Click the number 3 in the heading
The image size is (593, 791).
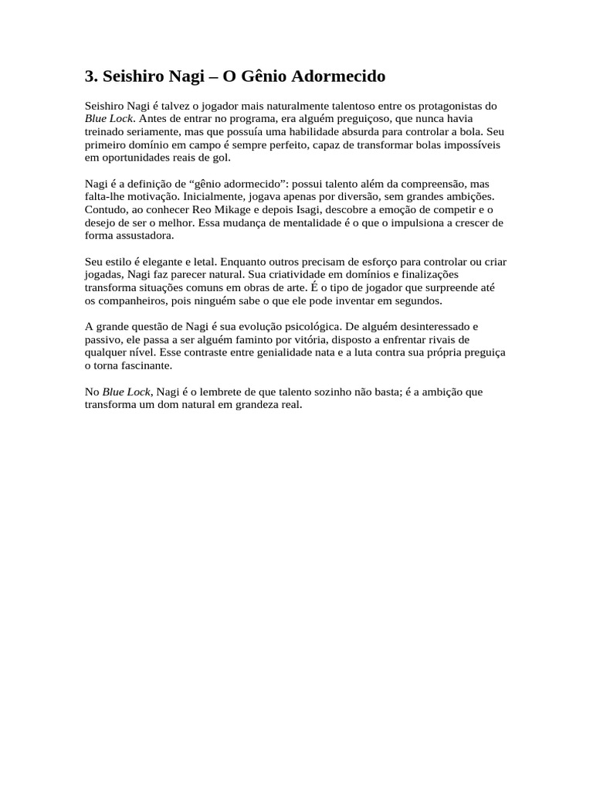(90, 76)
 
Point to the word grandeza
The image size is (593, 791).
(250, 405)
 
